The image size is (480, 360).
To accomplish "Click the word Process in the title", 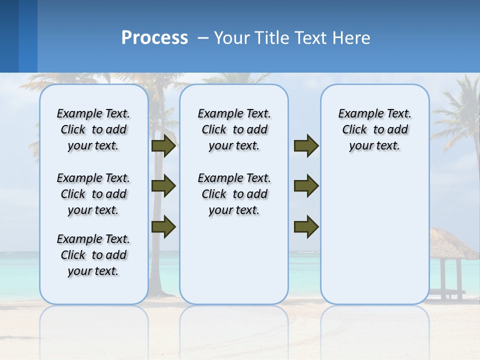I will click(154, 37).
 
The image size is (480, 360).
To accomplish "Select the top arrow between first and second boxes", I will click(163, 145).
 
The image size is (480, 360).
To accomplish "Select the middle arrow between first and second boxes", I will click(163, 186).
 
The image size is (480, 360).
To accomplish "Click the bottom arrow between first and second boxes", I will click(163, 226).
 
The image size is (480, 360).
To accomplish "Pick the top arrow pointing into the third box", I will click(306, 145).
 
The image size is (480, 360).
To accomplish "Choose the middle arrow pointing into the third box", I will click(306, 186).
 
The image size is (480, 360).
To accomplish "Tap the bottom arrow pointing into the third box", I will click(306, 226).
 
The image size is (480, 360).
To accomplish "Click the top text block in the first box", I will click(93, 129).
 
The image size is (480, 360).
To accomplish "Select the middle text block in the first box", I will click(93, 194).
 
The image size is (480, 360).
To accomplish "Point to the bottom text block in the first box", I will click(93, 255).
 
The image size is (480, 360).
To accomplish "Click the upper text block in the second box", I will click(234, 129).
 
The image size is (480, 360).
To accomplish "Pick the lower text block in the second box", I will click(234, 194).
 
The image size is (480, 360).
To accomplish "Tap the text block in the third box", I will click(374, 129).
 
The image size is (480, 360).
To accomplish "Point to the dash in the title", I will click(202, 38).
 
